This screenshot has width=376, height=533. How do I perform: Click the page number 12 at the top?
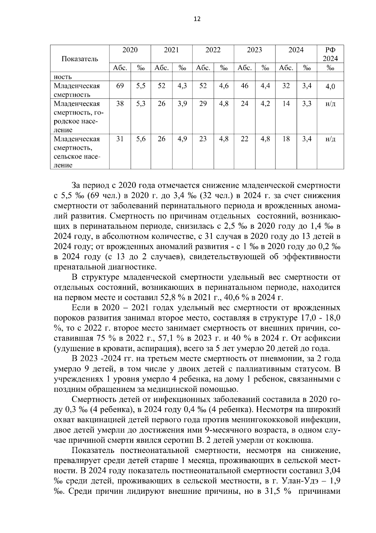point(197,19)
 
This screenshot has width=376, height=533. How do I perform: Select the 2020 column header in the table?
point(130,50)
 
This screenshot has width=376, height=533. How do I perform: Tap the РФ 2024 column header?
point(330,54)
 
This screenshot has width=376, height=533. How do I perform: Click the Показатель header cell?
point(80,59)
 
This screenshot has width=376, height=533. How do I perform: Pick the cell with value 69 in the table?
point(120,86)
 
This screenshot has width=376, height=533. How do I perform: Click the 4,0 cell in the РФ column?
point(330,87)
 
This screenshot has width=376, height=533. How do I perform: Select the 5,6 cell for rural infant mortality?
point(141,139)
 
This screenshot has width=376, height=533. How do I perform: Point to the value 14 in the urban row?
point(286,104)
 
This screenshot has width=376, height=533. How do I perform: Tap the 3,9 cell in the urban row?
point(182,104)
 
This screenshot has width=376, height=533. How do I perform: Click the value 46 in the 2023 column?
point(244,86)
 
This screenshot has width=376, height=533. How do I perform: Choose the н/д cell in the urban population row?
point(330,104)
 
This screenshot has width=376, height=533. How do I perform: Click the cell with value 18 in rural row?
point(286,139)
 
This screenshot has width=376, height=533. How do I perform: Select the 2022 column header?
point(213,50)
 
